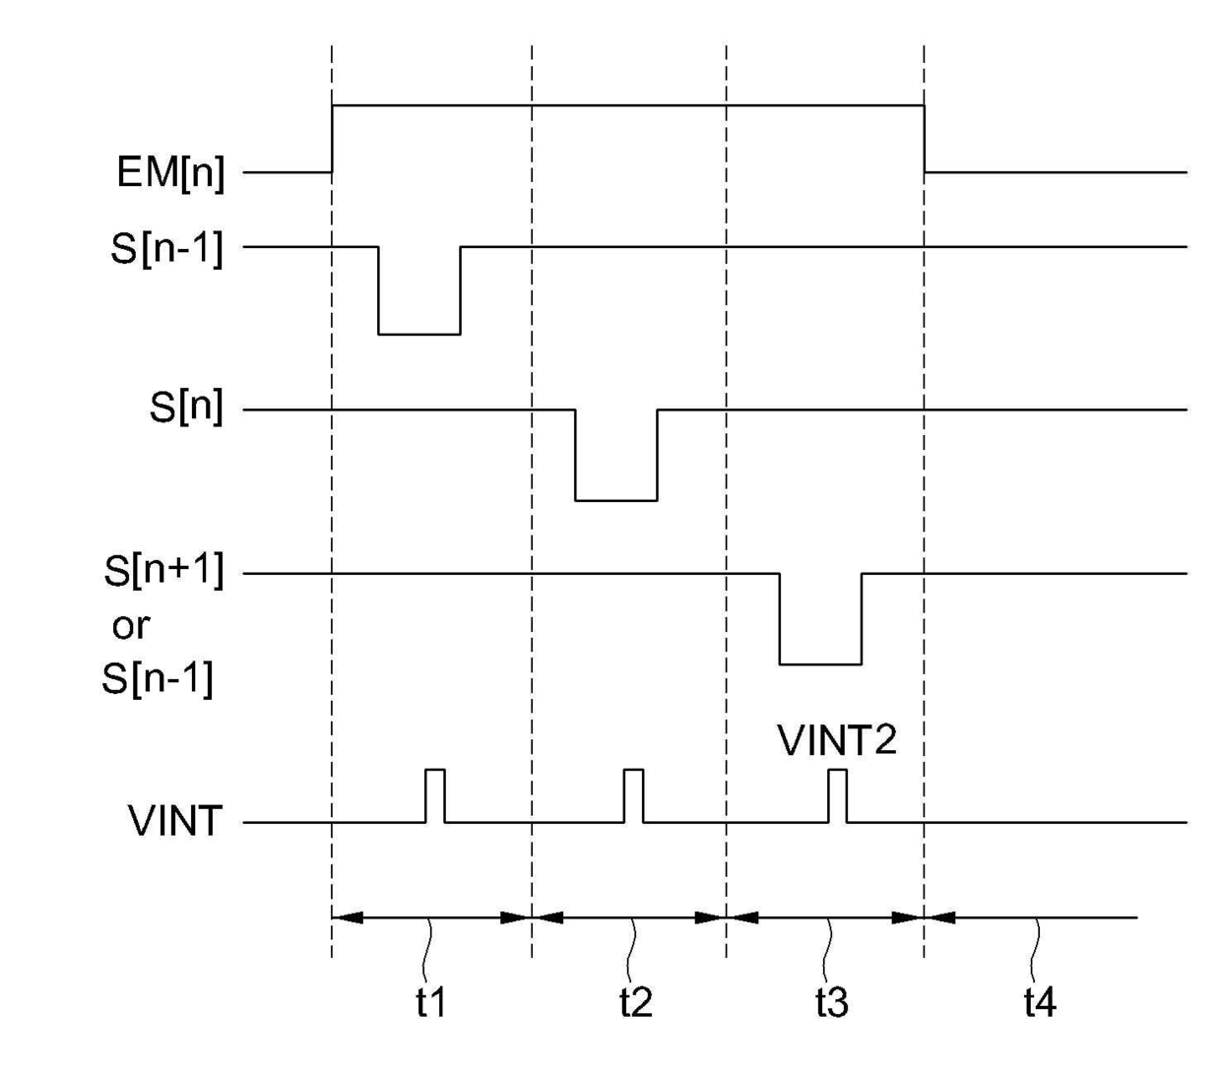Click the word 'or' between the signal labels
tap(131, 626)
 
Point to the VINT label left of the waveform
tap(174, 821)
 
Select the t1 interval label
tap(430, 1003)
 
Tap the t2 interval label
tap(635, 1003)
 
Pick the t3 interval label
tap(831, 1003)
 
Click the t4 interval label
tap(1039, 1003)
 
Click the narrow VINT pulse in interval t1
tap(434, 794)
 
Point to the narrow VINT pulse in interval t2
tap(633, 794)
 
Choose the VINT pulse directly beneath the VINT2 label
tap(837, 794)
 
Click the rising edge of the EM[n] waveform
tap(333, 138)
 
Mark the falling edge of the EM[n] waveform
tap(925, 138)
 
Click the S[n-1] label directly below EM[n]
tap(166, 249)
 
